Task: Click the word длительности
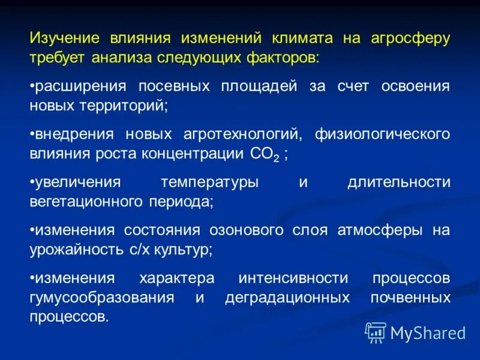pyautogui.click(x=398, y=182)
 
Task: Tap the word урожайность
pyautogui.click(x=75, y=250)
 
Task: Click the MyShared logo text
pyautogui.click(x=428, y=331)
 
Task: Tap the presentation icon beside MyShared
pyautogui.click(x=376, y=331)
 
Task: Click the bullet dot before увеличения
pyautogui.click(x=32, y=182)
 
